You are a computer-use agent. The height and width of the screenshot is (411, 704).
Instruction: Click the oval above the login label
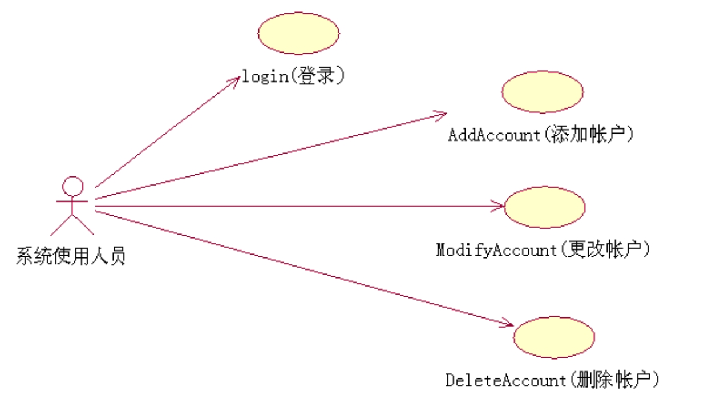(x=298, y=34)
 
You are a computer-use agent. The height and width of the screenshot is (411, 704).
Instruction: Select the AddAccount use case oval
(x=543, y=92)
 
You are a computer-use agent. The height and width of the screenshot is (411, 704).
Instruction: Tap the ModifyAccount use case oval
(x=545, y=207)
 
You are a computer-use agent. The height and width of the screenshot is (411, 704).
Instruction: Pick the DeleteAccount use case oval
(x=553, y=337)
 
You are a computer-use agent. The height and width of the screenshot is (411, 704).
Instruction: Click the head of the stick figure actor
(x=72, y=186)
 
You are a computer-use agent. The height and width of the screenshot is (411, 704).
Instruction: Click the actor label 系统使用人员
(x=71, y=256)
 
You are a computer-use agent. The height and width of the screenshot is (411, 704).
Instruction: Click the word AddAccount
(x=493, y=135)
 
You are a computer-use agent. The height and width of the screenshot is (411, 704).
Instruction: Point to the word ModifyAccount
(x=495, y=249)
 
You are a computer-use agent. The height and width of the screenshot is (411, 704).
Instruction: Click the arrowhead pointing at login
(x=235, y=79)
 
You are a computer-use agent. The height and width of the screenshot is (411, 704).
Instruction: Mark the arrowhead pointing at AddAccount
(x=440, y=114)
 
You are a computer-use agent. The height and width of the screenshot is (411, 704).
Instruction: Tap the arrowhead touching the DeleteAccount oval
(x=508, y=324)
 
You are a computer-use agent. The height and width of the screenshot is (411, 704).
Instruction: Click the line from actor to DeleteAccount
(x=302, y=268)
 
